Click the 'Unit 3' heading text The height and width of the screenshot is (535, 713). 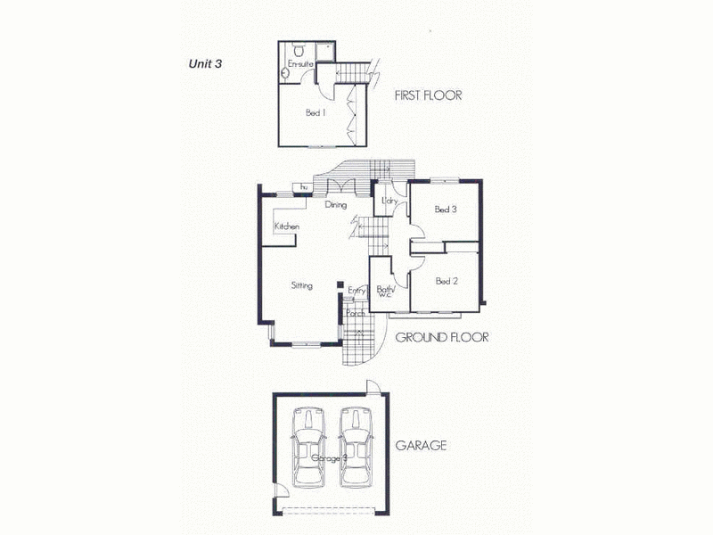pyautogui.click(x=204, y=63)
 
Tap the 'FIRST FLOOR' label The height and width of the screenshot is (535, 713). pyautogui.click(x=427, y=95)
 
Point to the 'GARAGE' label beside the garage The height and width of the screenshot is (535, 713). pyautogui.click(x=420, y=445)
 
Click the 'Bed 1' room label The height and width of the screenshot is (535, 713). pyautogui.click(x=314, y=113)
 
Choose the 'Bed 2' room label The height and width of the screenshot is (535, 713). pyautogui.click(x=447, y=281)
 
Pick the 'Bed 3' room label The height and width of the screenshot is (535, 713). pyautogui.click(x=446, y=210)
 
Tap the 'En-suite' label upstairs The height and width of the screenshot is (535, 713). pyautogui.click(x=299, y=64)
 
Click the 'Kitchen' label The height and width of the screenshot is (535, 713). pyautogui.click(x=287, y=227)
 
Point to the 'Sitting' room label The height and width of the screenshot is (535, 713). pyautogui.click(x=301, y=286)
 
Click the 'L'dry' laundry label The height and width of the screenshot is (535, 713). pyautogui.click(x=388, y=202)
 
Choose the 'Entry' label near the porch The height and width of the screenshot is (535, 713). pyautogui.click(x=356, y=291)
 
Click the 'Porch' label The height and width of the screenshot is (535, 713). pyautogui.click(x=355, y=314)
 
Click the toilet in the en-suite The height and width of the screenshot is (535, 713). pyautogui.click(x=299, y=49)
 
